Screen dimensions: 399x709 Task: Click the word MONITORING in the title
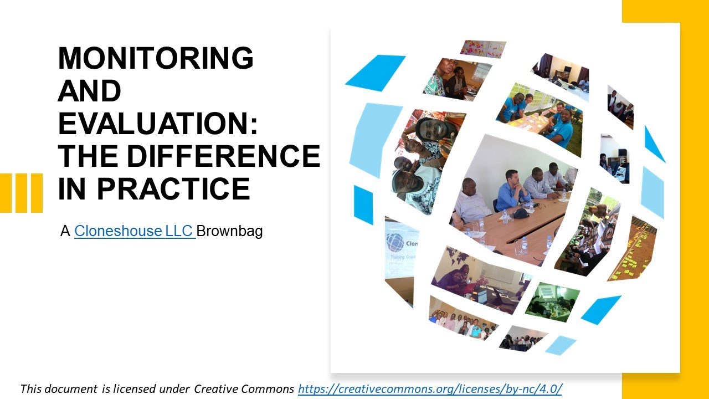tap(156, 58)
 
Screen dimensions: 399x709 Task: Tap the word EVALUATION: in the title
tap(158, 123)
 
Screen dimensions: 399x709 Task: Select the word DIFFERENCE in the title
tap(223, 156)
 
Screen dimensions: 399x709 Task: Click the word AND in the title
tap(89, 91)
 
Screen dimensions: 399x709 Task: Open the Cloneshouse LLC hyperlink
tap(134, 231)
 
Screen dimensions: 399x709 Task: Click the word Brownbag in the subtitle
tap(229, 231)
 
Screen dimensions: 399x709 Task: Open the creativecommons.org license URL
tap(429, 388)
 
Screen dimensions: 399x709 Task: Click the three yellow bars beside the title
tap(21, 193)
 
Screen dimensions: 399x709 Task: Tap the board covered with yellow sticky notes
tap(633, 249)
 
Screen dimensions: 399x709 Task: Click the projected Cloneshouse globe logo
tap(395, 243)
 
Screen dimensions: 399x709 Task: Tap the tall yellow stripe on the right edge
tap(695, 199)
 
